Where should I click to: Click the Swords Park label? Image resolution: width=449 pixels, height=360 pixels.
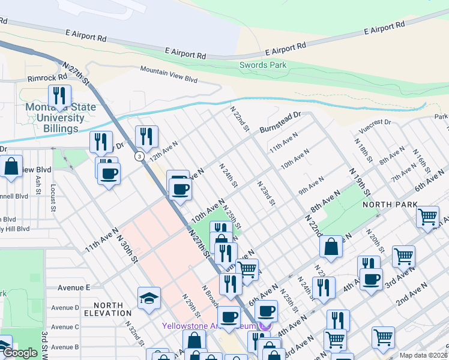pos(262,65)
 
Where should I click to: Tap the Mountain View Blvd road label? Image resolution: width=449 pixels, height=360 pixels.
pos(169,74)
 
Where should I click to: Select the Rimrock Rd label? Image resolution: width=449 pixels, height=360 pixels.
pos(47,78)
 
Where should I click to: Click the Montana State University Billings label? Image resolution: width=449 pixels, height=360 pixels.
pos(60,118)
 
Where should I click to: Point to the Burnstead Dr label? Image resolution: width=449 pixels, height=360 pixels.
pos(280,122)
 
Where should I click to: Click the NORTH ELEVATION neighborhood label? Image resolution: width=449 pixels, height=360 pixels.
pos(107,308)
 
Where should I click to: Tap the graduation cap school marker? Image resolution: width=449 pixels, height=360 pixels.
pos(148,298)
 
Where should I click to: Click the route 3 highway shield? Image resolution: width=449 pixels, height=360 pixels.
pos(139,156)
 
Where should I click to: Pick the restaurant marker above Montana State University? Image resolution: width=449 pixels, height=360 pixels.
pos(59,96)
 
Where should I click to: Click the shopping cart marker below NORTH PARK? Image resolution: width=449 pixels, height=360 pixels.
pos(427,217)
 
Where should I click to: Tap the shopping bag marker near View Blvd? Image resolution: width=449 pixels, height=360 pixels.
pos(11,167)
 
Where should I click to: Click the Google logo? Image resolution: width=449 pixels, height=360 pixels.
pos(19,352)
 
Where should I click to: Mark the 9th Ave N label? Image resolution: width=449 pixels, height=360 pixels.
pos(311,186)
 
